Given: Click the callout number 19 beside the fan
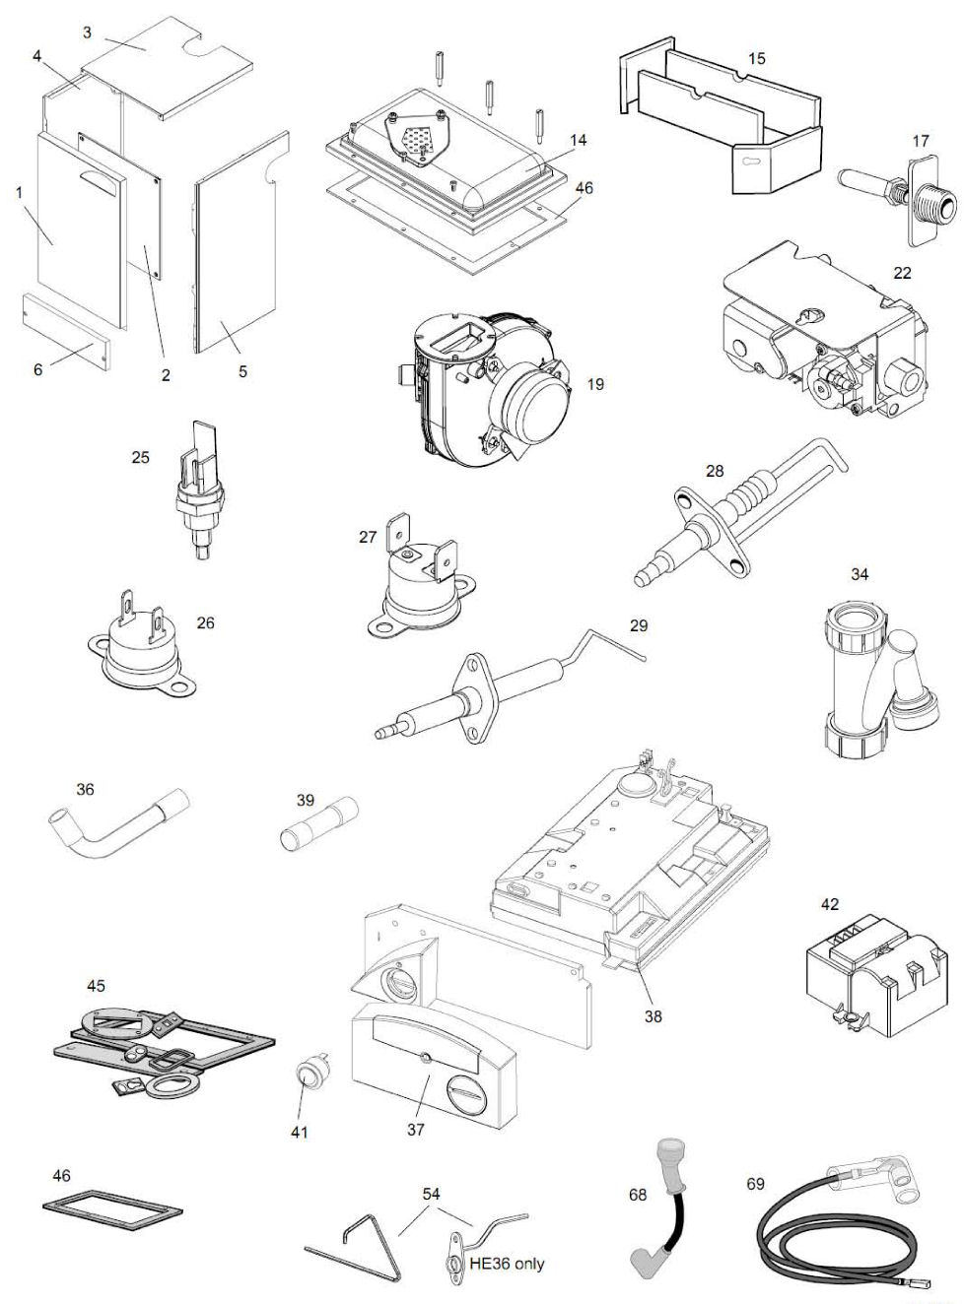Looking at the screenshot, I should (x=595, y=384).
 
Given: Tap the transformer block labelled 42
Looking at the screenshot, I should (x=858, y=969).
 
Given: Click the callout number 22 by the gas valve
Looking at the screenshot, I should (x=902, y=273).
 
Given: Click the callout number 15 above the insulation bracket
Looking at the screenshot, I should (x=756, y=59).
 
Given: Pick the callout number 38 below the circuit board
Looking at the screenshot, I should (x=653, y=1016).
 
